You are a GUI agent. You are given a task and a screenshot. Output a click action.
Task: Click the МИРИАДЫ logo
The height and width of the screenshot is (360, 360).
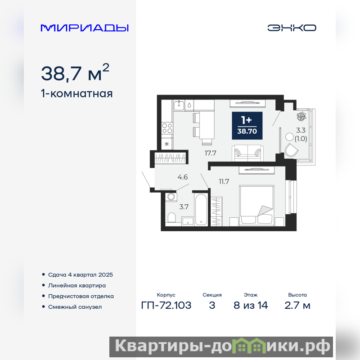[85, 28]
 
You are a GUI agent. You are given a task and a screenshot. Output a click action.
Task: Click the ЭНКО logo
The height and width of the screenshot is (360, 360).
[292, 28]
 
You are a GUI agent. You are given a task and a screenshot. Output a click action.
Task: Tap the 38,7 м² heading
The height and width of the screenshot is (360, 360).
[75, 72]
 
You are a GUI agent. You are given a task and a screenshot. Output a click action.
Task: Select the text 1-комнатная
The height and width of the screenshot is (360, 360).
[76, 94]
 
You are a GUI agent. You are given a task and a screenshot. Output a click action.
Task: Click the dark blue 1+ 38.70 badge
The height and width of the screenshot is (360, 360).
[247, 126]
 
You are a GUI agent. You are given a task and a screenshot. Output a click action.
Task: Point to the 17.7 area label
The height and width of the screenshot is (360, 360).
[210, 153]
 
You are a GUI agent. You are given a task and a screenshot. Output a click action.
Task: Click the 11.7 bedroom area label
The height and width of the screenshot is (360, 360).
[224, 182]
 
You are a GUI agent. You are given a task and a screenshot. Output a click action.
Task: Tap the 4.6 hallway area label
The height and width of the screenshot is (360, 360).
[183, 177]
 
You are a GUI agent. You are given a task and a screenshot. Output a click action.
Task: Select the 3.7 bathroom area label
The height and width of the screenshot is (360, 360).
[184, 207]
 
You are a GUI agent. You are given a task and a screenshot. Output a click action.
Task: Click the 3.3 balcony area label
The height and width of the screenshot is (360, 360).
[301, 130]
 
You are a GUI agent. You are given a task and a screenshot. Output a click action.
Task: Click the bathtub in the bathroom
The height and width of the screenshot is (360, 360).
[201, 210]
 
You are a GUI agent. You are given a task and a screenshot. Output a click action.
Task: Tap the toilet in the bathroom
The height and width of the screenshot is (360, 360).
[171, 217]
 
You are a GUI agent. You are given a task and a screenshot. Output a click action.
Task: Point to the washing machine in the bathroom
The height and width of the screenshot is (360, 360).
[171, 197]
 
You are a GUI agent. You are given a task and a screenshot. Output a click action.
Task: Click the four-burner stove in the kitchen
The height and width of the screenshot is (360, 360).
[167, 128]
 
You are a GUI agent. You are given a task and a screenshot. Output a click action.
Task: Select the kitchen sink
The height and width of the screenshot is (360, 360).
[179, 105]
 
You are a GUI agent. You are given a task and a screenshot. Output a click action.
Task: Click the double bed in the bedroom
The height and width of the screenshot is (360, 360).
[256, 206]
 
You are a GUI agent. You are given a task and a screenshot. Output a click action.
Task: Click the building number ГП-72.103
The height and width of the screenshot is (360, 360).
[166, 306]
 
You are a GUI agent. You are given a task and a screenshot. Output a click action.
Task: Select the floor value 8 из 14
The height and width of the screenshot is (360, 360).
[251, 306]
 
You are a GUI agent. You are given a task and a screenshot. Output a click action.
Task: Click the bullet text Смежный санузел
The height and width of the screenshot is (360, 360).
[75, 307]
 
